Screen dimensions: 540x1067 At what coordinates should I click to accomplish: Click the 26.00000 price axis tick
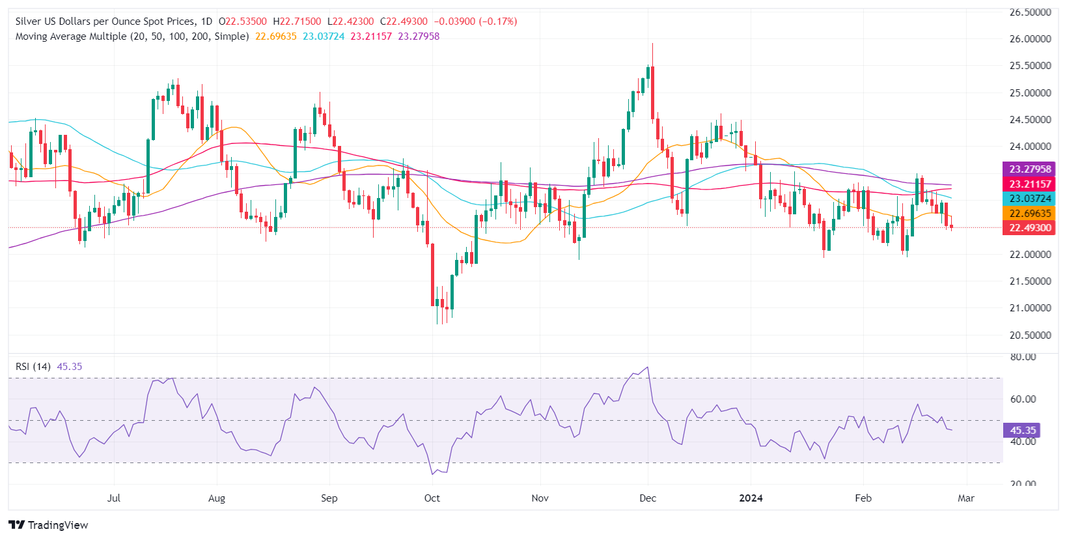click(x=1030, y=39)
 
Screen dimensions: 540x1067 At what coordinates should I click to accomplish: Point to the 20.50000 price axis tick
click(x=1030, y=335)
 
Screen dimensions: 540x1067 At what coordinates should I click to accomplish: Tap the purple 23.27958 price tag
click(x=1030, y=169)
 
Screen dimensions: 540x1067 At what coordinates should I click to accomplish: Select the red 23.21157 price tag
click(x=1030, y=184)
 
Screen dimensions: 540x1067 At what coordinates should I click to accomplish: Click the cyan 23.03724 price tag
click(x=1030, y=199)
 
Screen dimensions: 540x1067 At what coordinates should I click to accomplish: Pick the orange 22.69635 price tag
click(x=1030, y=214)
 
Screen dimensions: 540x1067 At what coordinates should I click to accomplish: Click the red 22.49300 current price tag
click(x=1030, y=228)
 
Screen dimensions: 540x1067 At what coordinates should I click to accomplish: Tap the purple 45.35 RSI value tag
click(x=1023, y=431)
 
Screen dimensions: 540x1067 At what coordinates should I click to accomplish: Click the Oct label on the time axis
click(x=432, y=498)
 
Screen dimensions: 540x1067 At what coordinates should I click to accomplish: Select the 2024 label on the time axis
click(x=751, y=498)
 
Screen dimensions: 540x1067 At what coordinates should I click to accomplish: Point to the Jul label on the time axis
click(x=114, y=498)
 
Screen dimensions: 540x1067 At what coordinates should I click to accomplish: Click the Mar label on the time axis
click(x=966, y=498)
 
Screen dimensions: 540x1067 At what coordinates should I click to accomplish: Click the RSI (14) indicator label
click(x=33, y=367)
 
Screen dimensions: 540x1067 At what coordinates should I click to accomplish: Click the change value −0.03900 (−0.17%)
click(x=476, y=21)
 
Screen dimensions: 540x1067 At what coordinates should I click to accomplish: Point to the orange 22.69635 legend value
click(x=275, y=36)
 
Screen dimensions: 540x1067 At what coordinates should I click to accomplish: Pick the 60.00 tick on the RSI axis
click(x=1023, y=399)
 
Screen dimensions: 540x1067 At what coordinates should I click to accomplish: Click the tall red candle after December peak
click(x=652, y=91)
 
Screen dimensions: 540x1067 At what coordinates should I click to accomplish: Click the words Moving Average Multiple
click(x=71, y=36)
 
